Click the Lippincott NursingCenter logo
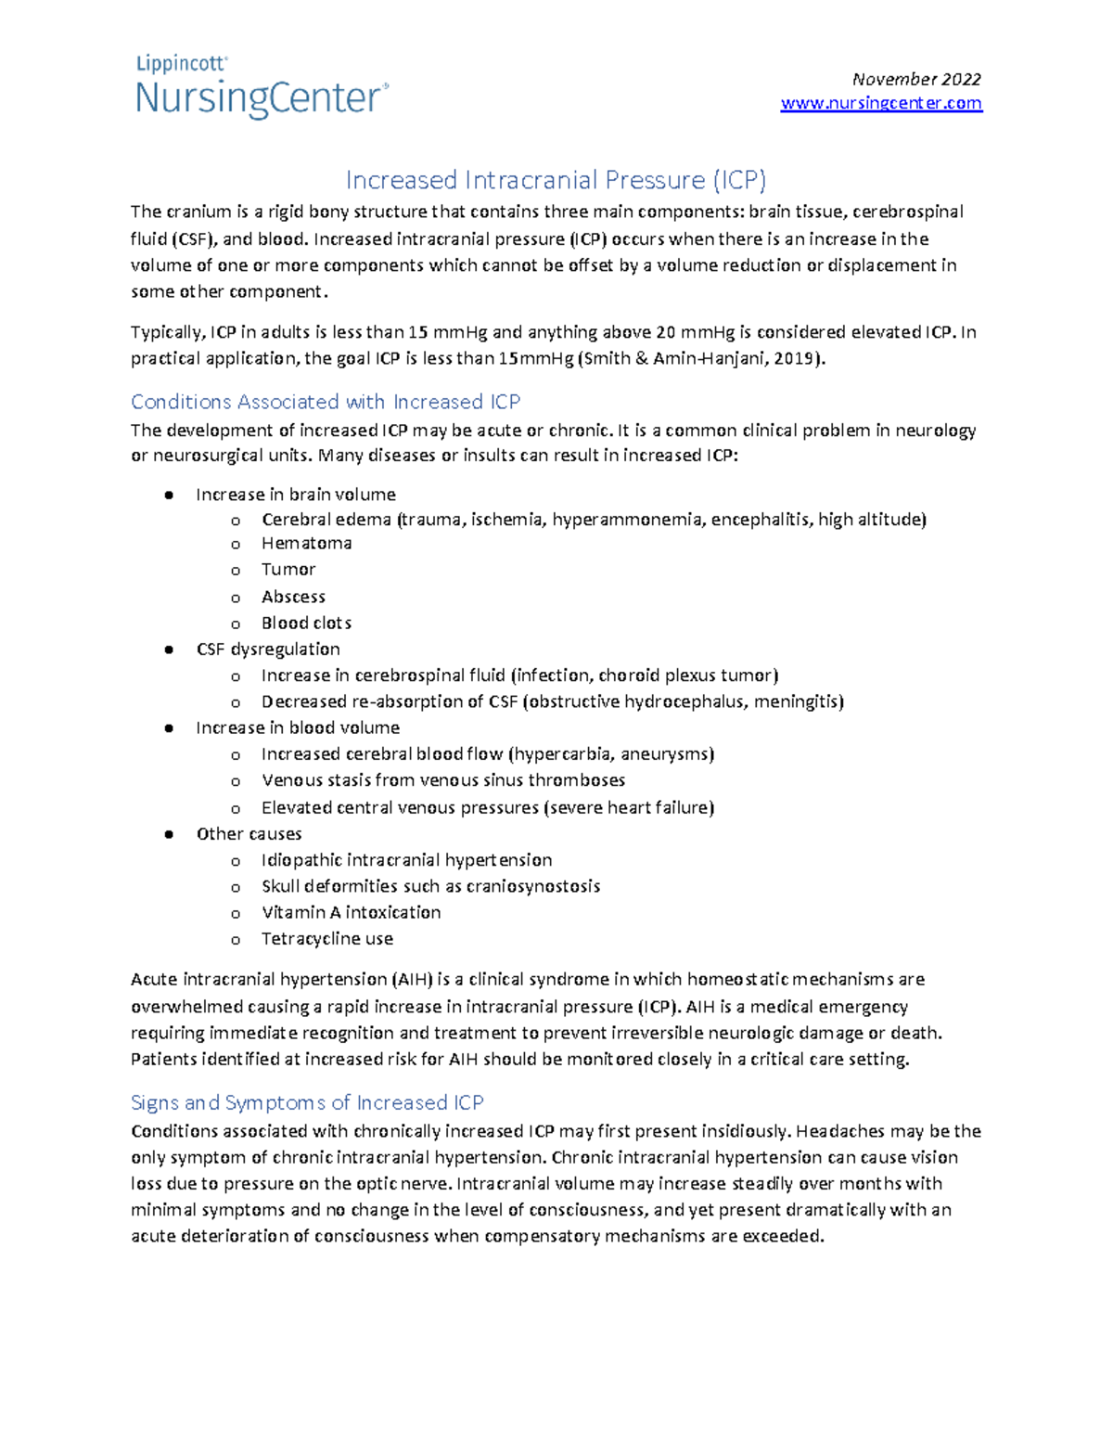(262, 87)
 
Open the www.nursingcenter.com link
(881, 103)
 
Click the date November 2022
(916, 80)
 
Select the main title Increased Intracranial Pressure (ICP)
(556, 179)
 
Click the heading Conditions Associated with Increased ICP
(326, 402)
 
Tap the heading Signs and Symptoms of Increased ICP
(307, 1102)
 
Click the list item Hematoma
(306, 543)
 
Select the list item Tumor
(288, 569)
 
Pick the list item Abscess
(293, 597)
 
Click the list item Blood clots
(306, 623)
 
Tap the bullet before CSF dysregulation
(169, 650)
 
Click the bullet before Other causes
(169, 834)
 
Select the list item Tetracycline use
(327, 939)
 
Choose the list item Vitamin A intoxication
(351, 912)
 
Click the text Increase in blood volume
(298, 727)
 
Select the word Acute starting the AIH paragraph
(154, 979)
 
